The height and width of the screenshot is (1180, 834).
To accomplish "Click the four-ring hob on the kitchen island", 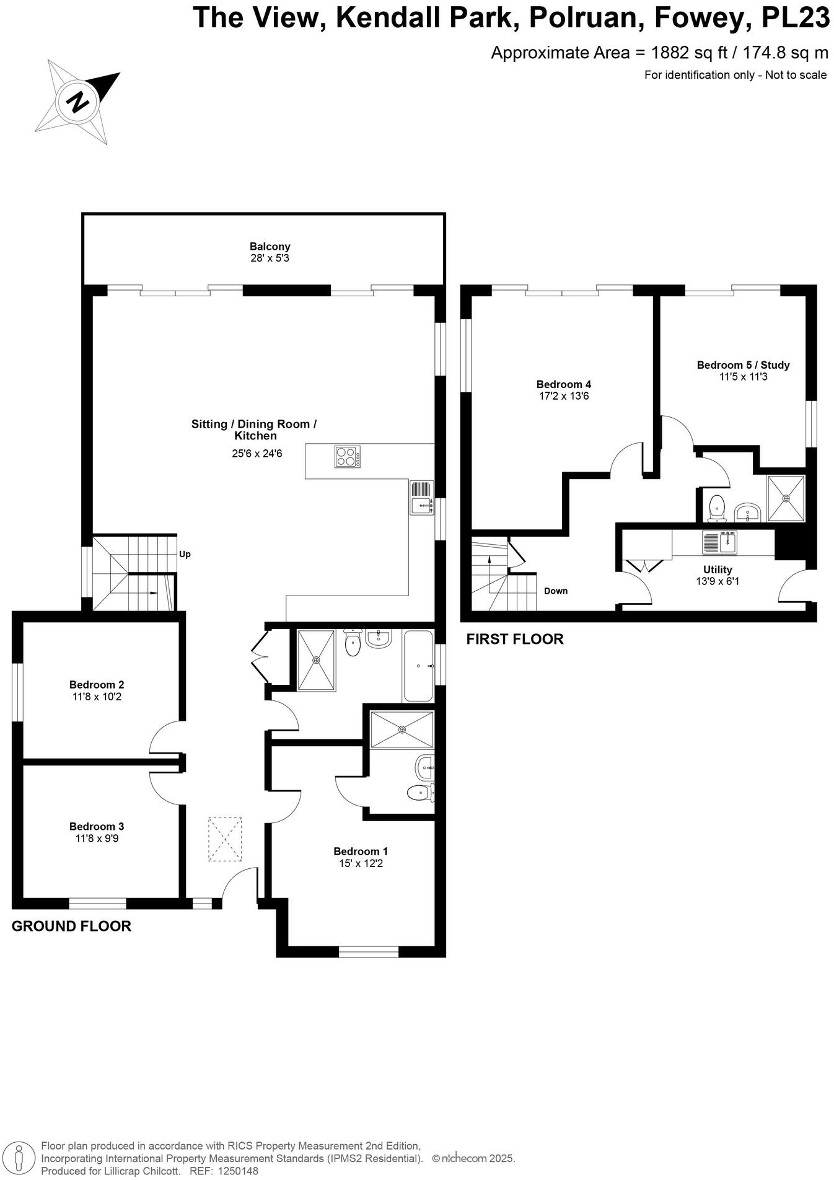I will (x=348, y=457).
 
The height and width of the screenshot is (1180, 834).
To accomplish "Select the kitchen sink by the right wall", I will (x=421, y=498).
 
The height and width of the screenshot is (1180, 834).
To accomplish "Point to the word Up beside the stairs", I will (x=185, y=554).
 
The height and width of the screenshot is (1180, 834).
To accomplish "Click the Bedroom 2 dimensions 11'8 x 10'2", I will (x=97, y=697).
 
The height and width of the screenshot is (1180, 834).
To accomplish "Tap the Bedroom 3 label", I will (x=97, y=826).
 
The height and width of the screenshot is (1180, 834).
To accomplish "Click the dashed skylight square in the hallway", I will (x=225, y=839).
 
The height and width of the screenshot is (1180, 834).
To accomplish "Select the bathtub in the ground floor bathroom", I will (x=418, y=666).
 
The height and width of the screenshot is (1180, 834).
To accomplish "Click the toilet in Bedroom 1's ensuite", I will (x=422, y=791).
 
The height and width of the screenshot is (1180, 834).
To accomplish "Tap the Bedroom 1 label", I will (x=361, y=851).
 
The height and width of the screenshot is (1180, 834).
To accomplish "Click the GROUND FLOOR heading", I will (x=71, y=927).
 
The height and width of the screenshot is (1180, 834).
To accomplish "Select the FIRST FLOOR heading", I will (x=515, y=639).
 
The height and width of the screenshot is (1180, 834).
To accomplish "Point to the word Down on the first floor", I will (x=556, y=591).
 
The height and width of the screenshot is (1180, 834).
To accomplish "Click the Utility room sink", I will (x=719, y=542).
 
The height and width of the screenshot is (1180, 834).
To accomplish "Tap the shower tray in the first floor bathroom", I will (x=786, y=498).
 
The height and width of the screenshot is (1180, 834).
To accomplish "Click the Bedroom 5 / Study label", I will (x=743, y=364).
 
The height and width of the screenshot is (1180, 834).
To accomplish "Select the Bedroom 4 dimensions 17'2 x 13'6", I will (x=563, y=396).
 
